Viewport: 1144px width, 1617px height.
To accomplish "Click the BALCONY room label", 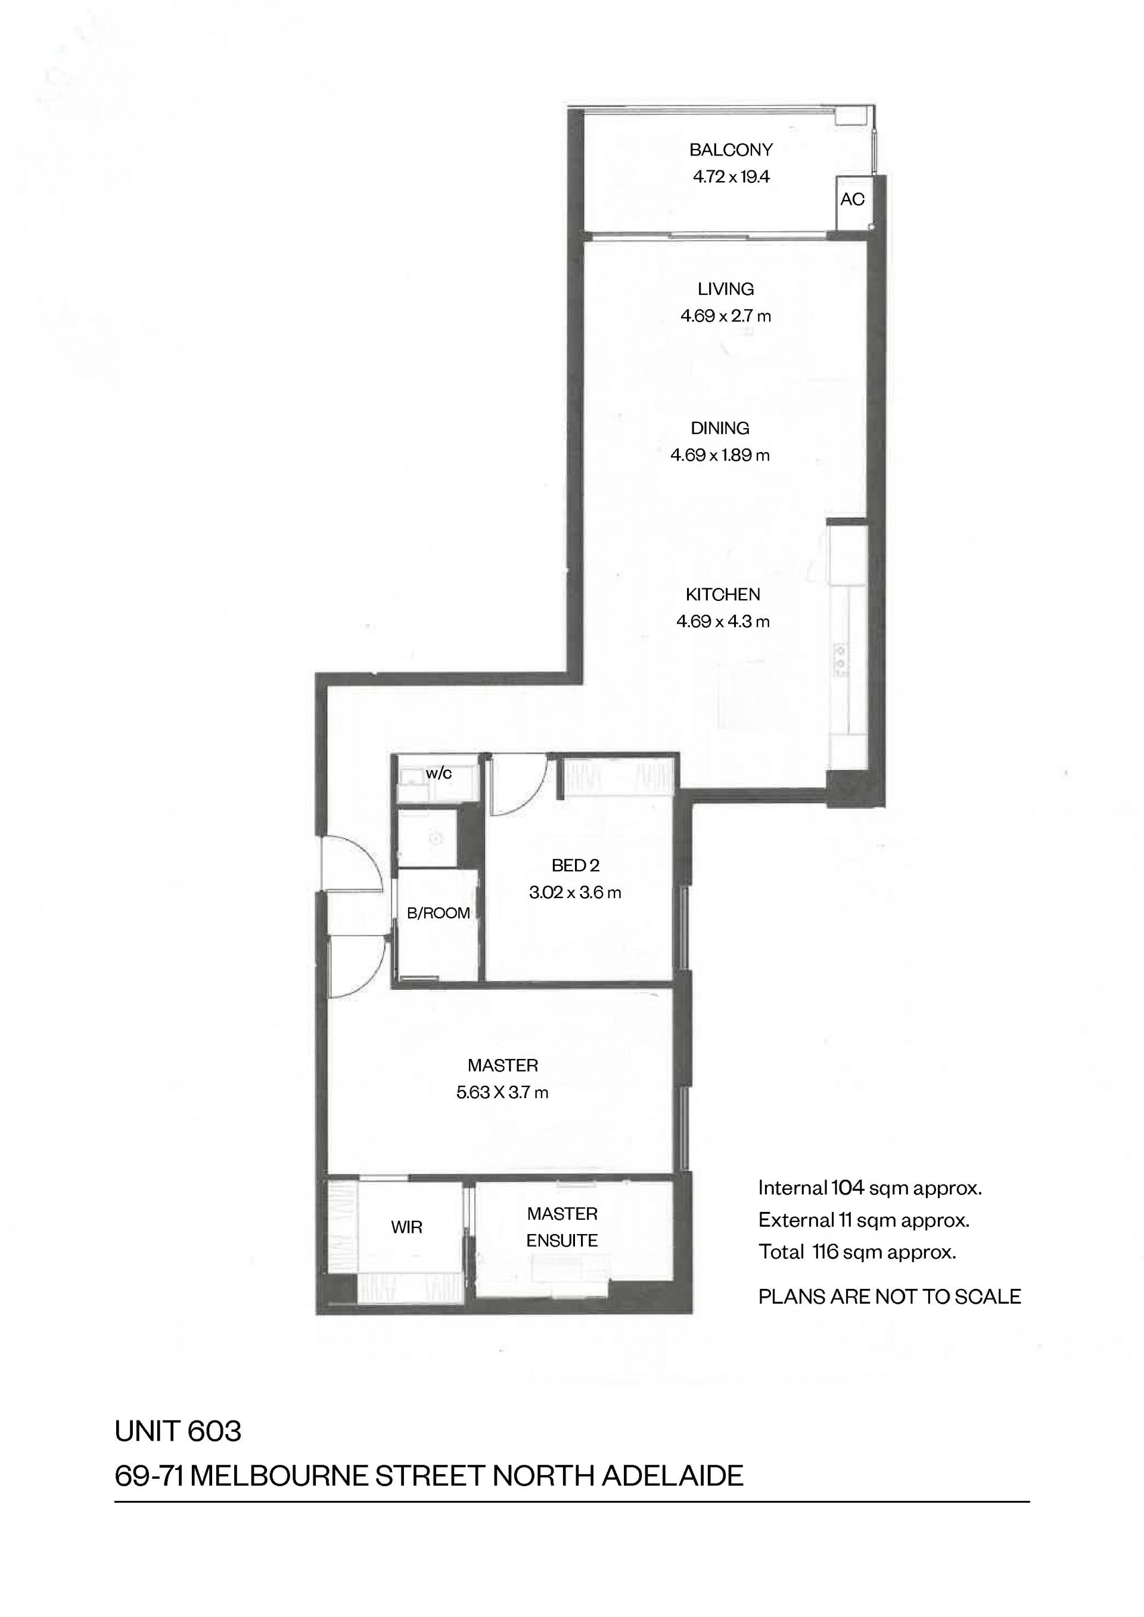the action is pos(730,149).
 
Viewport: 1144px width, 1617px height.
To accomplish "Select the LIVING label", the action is pos(726,289).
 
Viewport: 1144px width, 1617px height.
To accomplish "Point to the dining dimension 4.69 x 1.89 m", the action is pos(720,455).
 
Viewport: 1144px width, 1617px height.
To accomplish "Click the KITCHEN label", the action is pos(723,594).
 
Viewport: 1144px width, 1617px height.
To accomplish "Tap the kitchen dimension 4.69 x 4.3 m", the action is pos(723,621).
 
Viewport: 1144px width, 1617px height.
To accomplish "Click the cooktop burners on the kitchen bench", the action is pos(840,659).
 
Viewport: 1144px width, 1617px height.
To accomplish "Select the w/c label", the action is pos(438,773).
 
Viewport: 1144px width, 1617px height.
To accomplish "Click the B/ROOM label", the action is pos(438,913).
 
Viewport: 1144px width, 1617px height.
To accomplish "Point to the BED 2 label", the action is pos(575,865).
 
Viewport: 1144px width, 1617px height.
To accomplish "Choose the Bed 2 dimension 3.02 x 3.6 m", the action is pos(575,892).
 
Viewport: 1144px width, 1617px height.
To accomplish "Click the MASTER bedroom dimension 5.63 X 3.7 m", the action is pos(502,1092).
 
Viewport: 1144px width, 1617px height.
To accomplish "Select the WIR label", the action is pos(406,1227).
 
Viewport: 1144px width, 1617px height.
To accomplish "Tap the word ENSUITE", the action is pos(561,1240).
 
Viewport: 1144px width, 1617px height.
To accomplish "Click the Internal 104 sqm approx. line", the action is pos(870,1188).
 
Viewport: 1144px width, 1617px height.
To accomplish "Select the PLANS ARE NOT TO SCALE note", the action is pos(889,1297).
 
